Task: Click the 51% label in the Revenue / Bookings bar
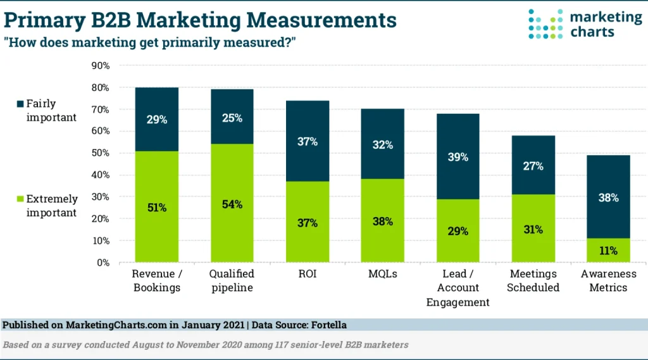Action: click(x=156, y=208)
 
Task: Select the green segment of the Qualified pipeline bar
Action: click(x=232, y=234)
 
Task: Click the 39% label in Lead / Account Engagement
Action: click(x=458, y=157)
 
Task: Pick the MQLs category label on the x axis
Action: click(x=382, y=274)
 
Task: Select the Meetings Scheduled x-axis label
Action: click(x=533, y=280)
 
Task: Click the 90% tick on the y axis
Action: click(x=101, y=65)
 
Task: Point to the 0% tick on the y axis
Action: click(x=104, y=263)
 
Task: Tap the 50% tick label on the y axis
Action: click(x=101, y=153)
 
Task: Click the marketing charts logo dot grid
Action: click(x=545, y=24)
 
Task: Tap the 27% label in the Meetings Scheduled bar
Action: click(x=533, y=166)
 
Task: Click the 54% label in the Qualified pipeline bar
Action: click(x=232, y=206)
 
